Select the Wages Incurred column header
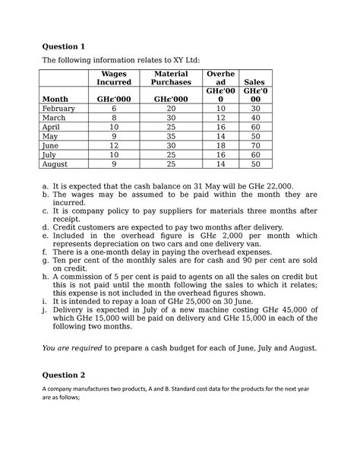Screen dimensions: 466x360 coord(113,76)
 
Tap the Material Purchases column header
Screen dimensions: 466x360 coord(172,76)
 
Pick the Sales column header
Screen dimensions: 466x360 coord(255,81)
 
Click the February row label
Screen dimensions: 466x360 coord(58,109)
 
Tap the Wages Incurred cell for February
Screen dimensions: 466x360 coord(113,109)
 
